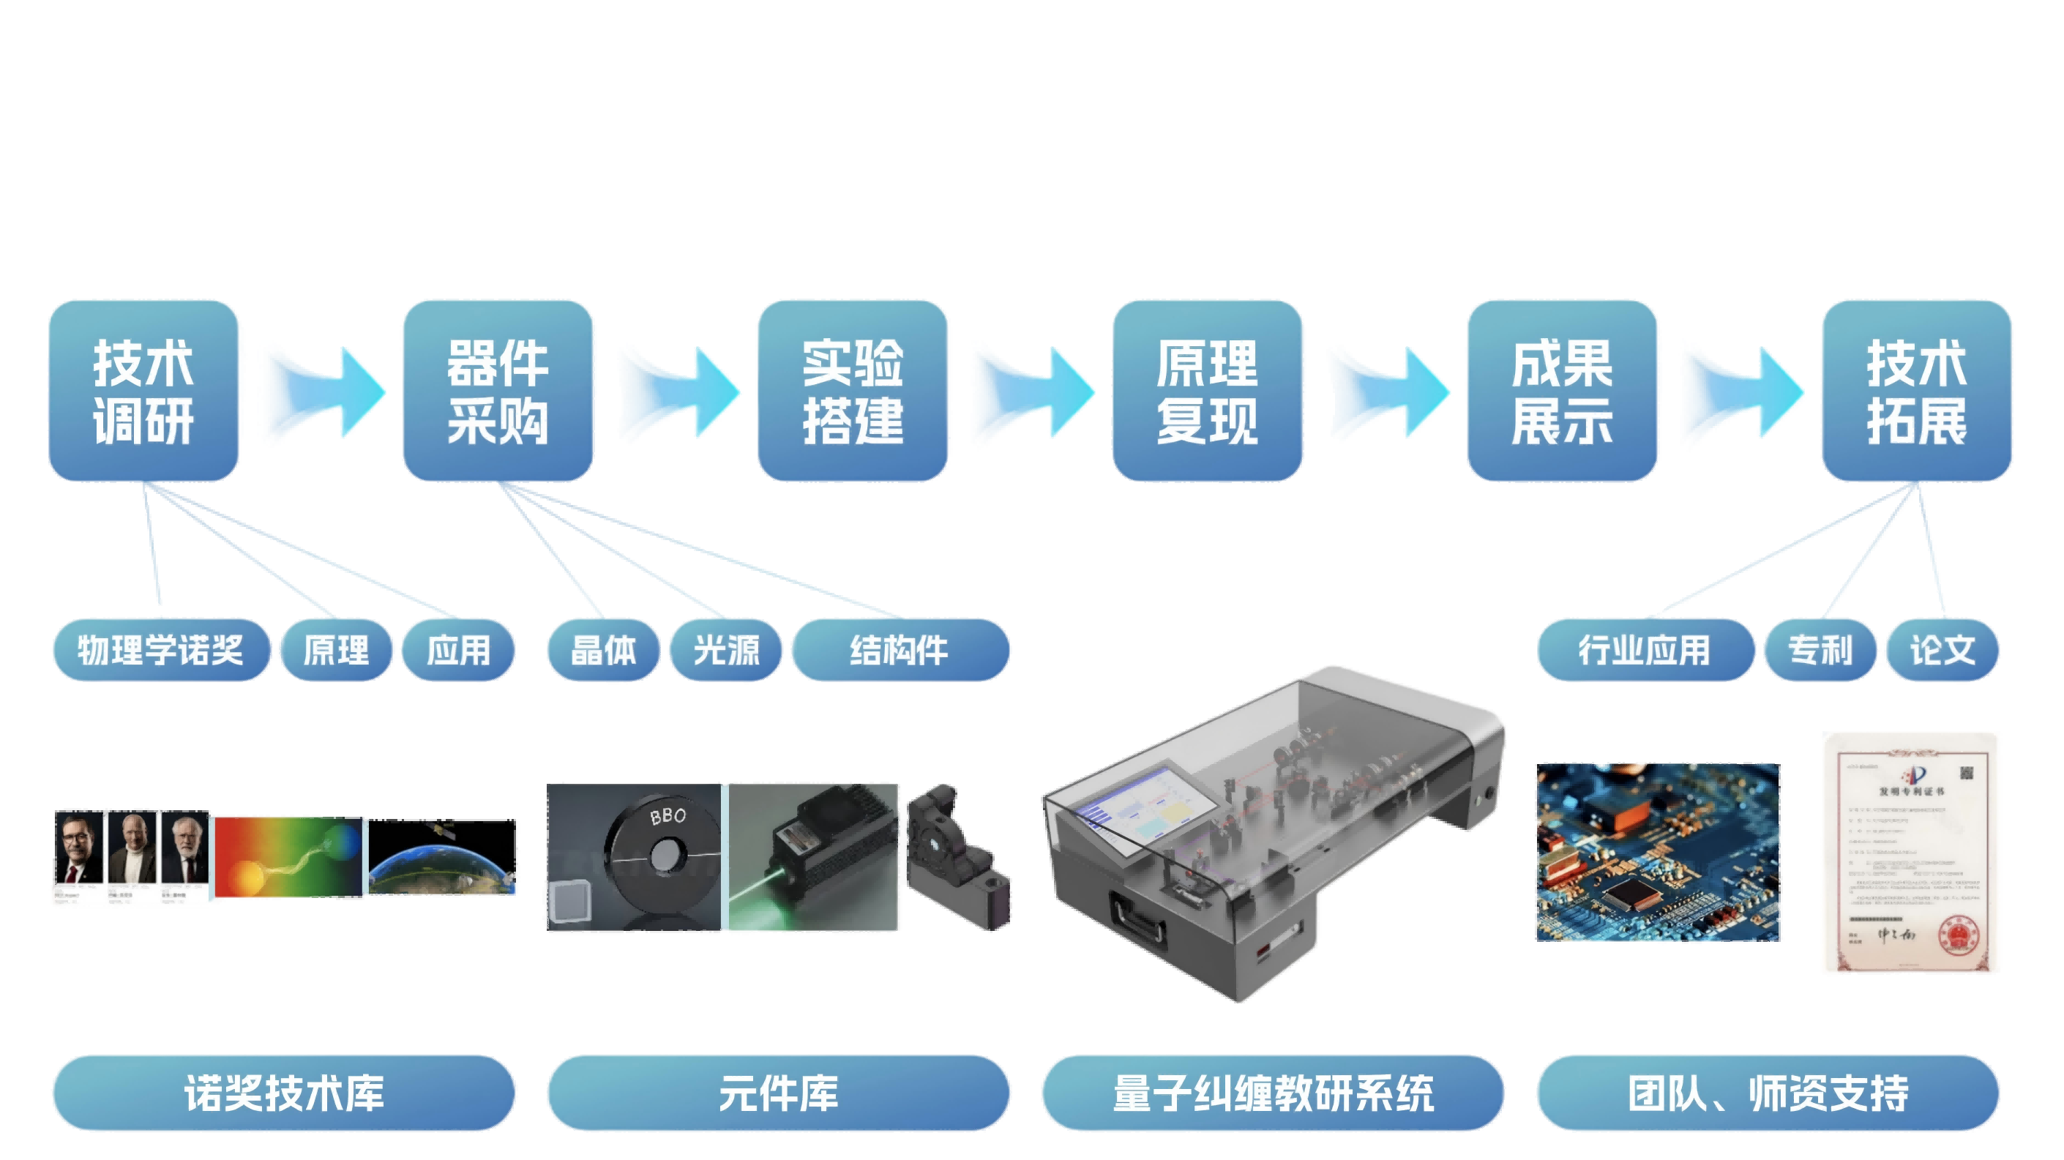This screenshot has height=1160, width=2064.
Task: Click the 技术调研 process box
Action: [144, 391]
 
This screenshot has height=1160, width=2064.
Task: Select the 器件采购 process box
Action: [498, 391]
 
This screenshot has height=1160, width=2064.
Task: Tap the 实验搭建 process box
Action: [853, 391]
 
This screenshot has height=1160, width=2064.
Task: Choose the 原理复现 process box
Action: [1208, 391]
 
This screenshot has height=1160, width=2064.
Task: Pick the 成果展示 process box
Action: [1563, 391]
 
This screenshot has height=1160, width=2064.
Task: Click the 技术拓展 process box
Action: [1917, 391]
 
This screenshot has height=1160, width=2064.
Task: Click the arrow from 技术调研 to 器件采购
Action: [322, 392]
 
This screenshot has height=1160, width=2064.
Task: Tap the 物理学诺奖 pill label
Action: [161, 650]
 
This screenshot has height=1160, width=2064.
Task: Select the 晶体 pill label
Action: [603, 650]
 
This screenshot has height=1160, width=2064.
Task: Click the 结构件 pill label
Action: [900, 650]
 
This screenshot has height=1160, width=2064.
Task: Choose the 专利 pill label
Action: [1820, 650]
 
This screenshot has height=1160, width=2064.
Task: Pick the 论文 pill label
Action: [1943, 650]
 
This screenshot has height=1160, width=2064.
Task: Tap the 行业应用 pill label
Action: [1644, 650]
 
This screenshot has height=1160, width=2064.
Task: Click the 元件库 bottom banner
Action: [778, 1093]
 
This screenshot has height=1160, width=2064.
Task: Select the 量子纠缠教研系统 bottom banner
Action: [1272, 1093]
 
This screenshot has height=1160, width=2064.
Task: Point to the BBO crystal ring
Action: [663, 853]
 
